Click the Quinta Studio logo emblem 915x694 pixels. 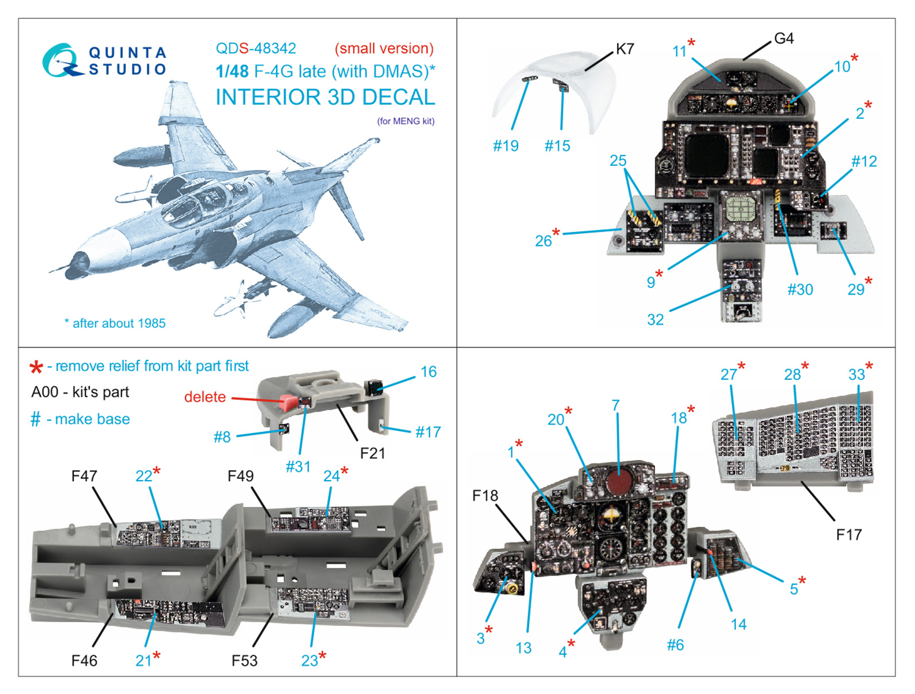pyautogui.click(x=59, y=60)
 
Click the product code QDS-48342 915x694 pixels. pyautogui.click(x=256, y=49)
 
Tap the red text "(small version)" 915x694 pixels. pyautogui.click(x=384, y=49)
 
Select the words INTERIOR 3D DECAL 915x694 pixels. pyautogui.click(x=325, y=97)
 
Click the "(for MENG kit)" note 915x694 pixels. pyautogui.click(x=405, y=121)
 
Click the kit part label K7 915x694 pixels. pyautogui.click(x=624, y=49)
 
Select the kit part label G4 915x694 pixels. pyautogui.click(x=783, y=38)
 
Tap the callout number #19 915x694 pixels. pyautogui.click(x=506, y=146)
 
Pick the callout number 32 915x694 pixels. pyautogui.click(x=655, y=319)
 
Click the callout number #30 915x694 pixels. pyautogui.click(x=800, y=290)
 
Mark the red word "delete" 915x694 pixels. pyautogui.click(x=205, y=396)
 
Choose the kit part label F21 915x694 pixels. pyautogui.click(x=372, y=453)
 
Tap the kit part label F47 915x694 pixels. pyautogui.click(x=84, y=476)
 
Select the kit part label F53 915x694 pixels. pyautogui.click(x=244, y=661)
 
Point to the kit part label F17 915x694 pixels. pyautogui.click(x=849, y=535)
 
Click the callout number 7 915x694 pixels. pyautogui.click(x=615, y=405)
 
